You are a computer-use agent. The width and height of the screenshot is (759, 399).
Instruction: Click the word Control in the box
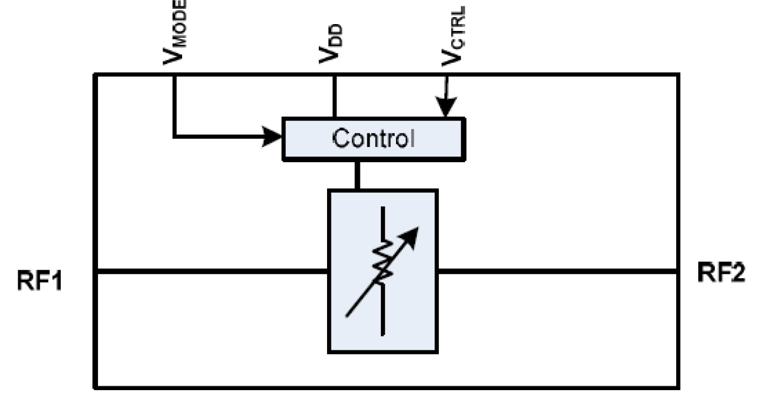pos(373,137)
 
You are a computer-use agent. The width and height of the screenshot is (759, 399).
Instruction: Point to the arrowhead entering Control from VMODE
pos(273,135)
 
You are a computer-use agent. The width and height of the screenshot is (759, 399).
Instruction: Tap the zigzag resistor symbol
pos(383,262)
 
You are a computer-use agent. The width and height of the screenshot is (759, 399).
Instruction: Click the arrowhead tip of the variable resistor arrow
pos(416,230)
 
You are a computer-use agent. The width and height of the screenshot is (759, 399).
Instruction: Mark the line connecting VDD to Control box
pos(333,96)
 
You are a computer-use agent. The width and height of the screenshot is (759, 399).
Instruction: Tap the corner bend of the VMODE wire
pos(175,135)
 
